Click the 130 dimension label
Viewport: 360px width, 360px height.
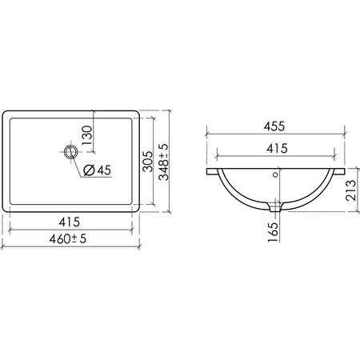click(87, 135)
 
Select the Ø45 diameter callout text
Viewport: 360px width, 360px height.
click(97, 170)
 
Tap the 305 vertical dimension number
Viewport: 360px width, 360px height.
click(148, 162)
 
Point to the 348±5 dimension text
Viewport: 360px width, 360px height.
click(163, 162)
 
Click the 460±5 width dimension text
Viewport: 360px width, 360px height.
click(68, 238)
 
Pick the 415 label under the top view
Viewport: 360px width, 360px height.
click(70, 222)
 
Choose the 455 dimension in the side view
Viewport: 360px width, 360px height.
click(274, 126)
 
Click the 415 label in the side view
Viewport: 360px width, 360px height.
click(277, 148)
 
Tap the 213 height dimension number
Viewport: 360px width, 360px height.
click(350, 190)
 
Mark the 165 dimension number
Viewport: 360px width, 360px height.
click(273, 232)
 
